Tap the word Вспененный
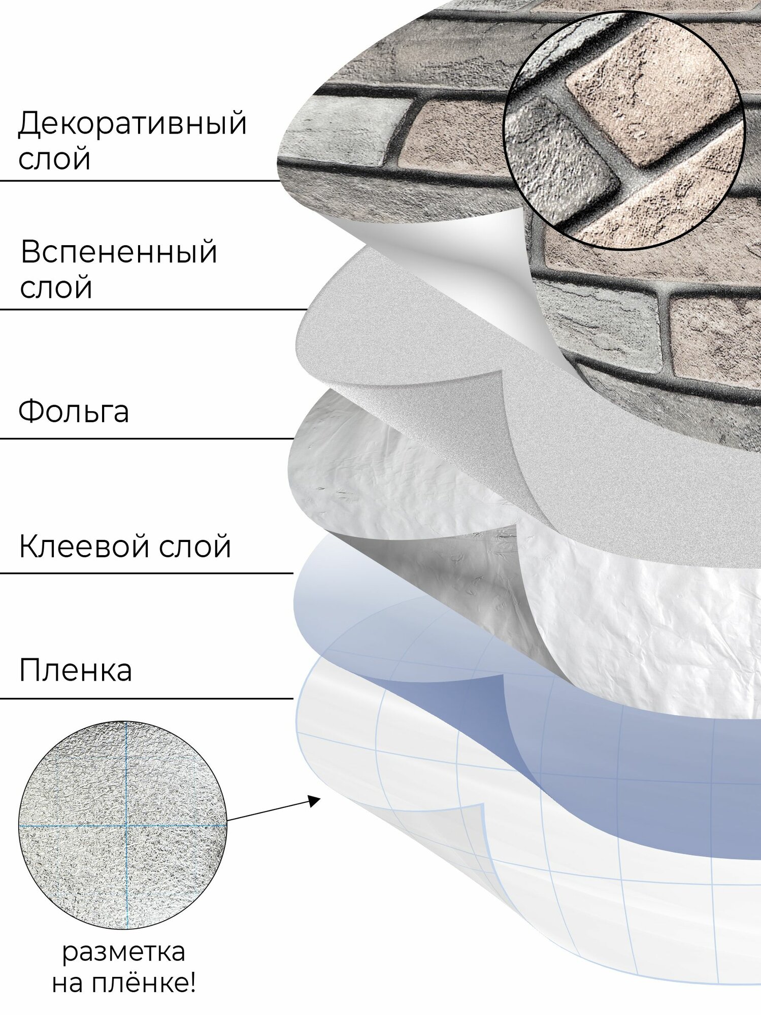coord(119,252)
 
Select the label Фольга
coord(74,411)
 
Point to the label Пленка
coord(75,670)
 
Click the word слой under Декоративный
coord(54,159)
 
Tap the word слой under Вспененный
coord(56,287)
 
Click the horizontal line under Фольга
coord(147,438)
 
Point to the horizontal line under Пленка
coord(147,698)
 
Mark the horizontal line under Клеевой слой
coord(147,573)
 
